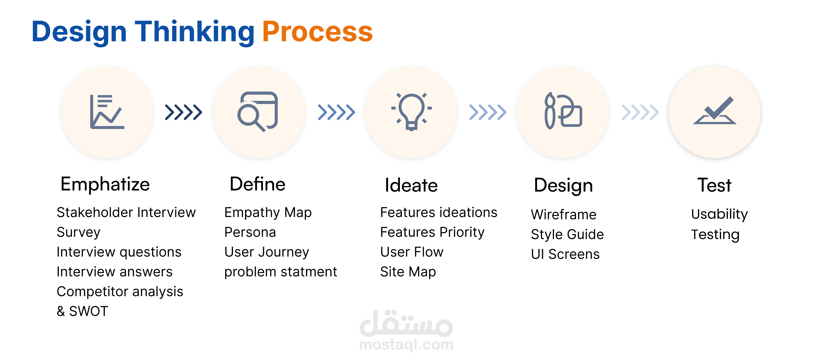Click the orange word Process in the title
(317, 32)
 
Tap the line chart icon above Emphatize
(107, 112)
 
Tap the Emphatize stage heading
(105, 184)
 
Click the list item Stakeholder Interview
(126, 212)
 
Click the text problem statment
(281, 272)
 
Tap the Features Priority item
(432, 232)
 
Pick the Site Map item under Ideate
(408, 272)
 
